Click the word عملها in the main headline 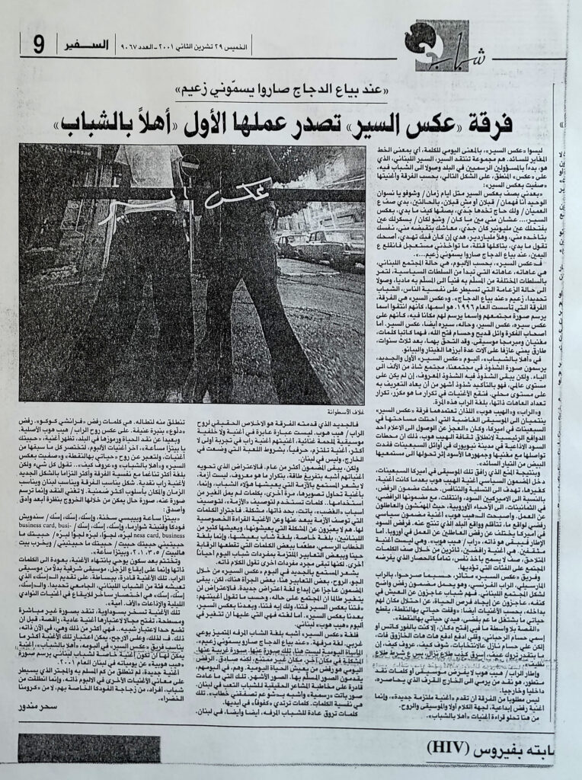point(250,123)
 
